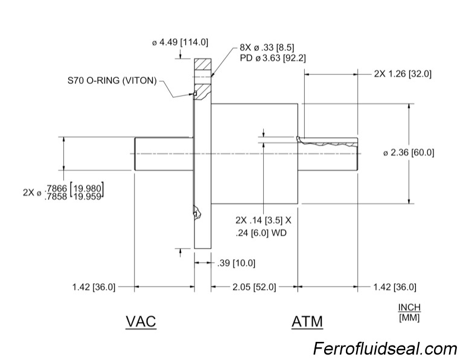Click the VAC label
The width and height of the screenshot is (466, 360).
(141, 321)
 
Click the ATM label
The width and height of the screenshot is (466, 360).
(307, 321)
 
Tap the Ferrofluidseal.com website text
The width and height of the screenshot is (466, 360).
(385, 349)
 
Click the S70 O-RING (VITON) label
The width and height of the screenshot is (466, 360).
(112, 80)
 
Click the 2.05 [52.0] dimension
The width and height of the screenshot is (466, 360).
(253, 287)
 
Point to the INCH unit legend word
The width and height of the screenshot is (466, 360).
(409, 307)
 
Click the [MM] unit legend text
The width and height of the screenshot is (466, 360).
(409, 317)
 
